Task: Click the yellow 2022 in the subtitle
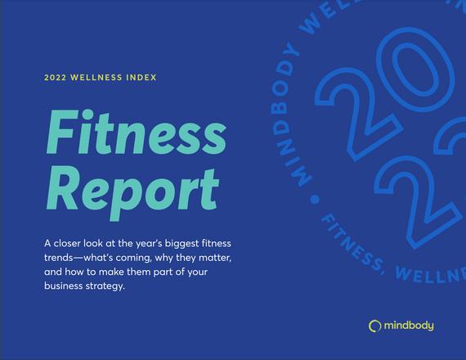point(55,78)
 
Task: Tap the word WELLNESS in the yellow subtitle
point(96,78)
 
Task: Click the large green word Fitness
point(137,133)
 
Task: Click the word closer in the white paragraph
point(67,243)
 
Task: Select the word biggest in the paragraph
point(181,244)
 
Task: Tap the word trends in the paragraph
point(58,258)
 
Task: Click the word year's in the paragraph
point(149,244)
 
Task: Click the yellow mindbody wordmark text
point(409,326)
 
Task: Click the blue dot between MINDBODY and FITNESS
point(315,199)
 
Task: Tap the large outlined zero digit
point(414,70)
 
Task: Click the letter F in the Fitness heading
point(62,133)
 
